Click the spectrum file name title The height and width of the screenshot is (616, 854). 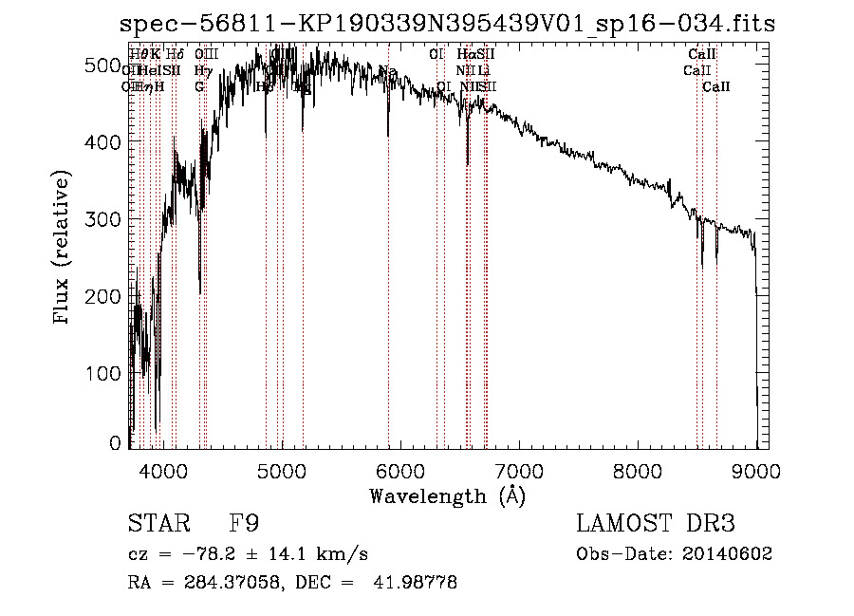point(447,24)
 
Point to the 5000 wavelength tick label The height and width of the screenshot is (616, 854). point(282,469)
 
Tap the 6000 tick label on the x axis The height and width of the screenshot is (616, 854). point(400,469)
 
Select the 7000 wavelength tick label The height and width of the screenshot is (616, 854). point(519,469)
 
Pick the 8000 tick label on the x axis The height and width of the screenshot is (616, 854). point(638,469)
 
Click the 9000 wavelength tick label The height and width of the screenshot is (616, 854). point(756,469)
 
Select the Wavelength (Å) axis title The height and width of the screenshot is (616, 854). point(447,495)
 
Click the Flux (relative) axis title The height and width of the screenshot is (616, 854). point(63,249)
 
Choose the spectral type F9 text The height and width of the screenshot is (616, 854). point(244,524)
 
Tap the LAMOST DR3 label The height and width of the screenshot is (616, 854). point(655,524)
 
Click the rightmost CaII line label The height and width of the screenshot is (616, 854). point(716,86)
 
